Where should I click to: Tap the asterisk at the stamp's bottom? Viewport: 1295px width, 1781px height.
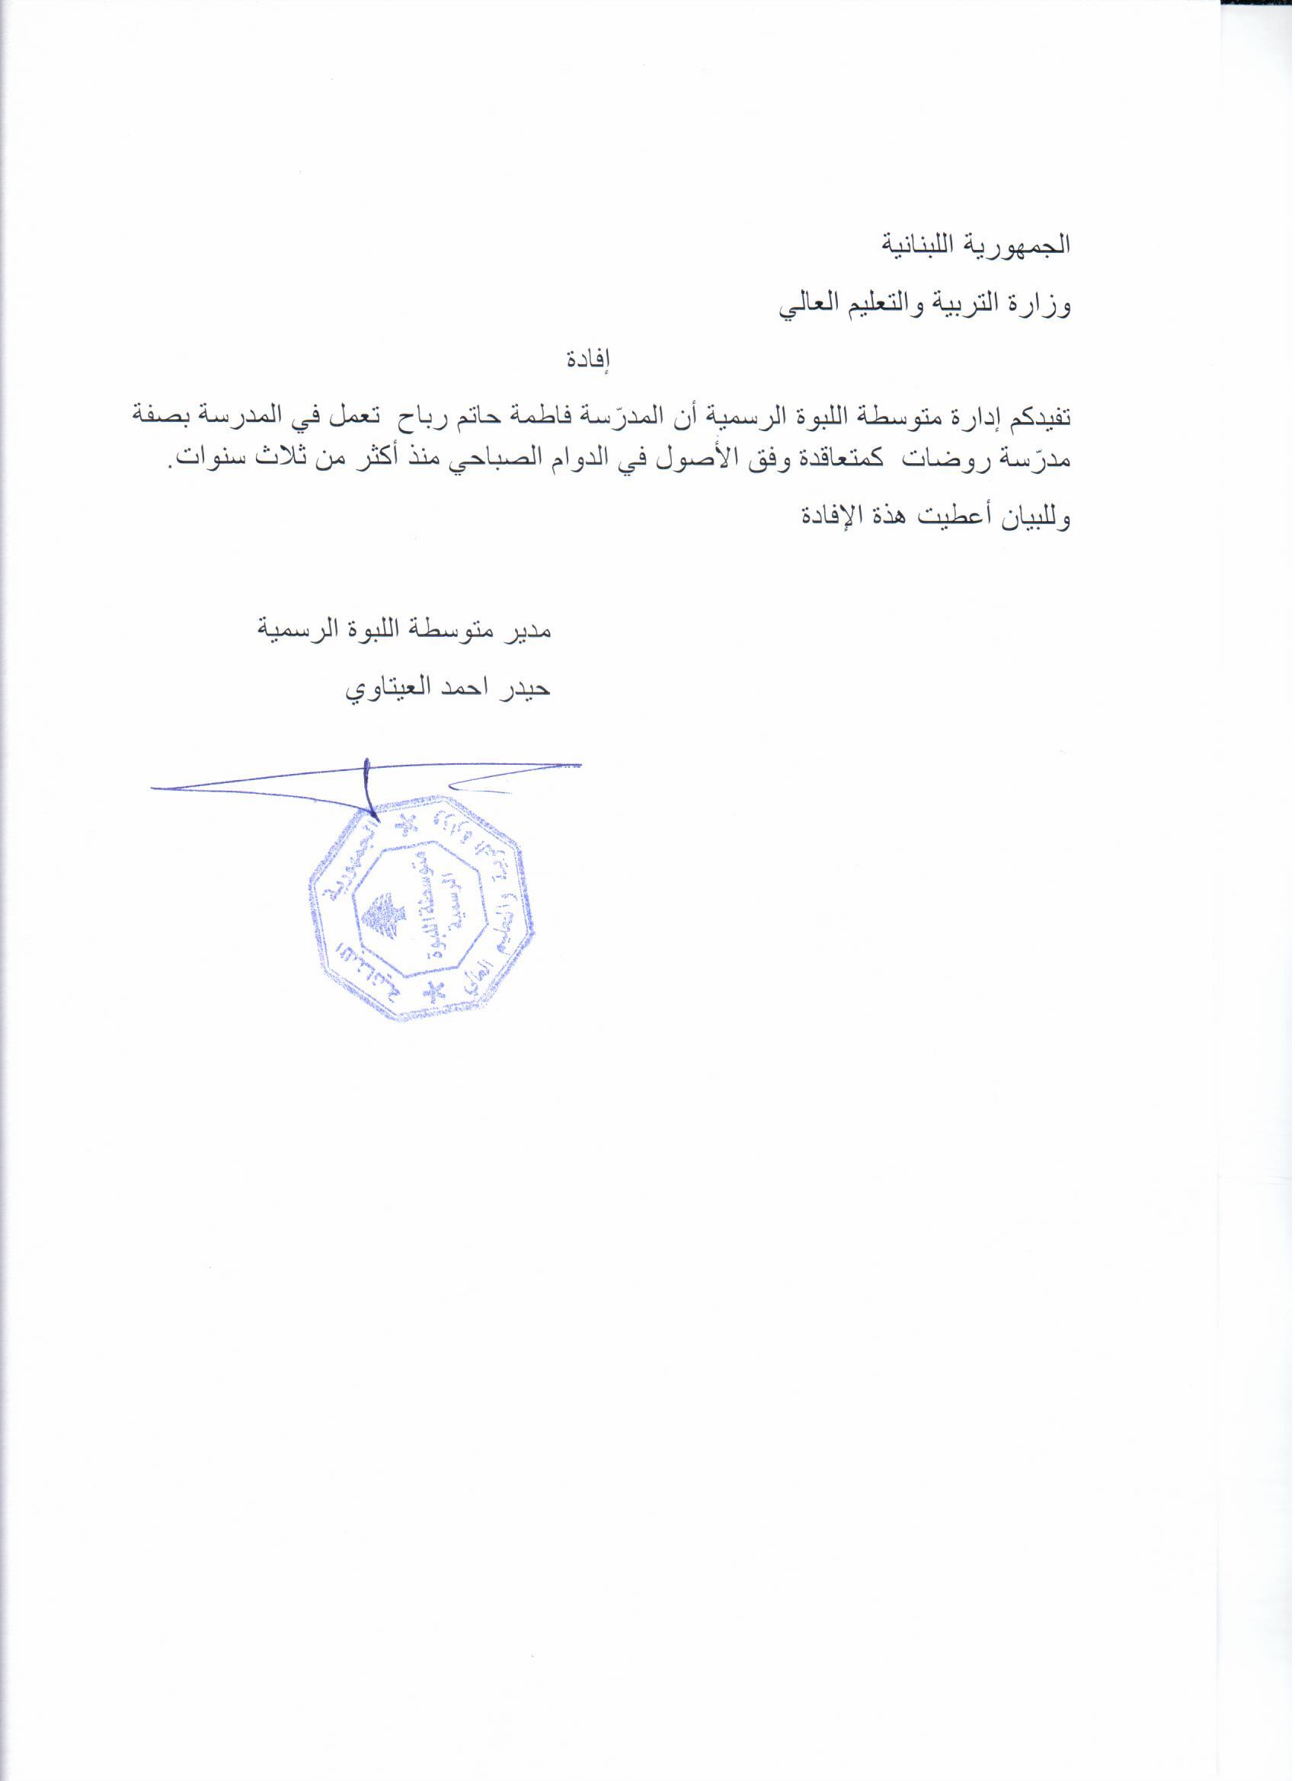coord(433,993)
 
